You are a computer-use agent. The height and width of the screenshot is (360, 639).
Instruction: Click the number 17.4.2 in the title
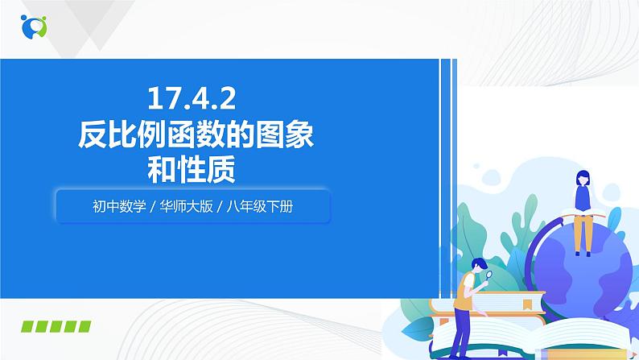click(191, 98)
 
